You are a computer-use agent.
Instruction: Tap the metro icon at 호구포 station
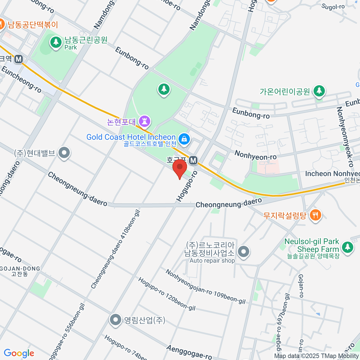[x=193, y=160]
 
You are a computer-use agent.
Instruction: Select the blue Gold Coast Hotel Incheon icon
[x=184, y=139]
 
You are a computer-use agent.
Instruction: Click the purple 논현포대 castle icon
[x=146, y=121]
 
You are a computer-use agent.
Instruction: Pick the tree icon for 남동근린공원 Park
[x=55, y=42]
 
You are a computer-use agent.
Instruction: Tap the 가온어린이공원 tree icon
[x=319, y=91]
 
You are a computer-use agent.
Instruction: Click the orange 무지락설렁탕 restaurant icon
[x=315, y=215]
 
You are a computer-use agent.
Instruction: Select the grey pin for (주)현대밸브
[x=64, y=153]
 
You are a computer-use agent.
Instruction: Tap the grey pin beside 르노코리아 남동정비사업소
[x=244, y=251]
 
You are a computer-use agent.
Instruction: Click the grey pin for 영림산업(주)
[x=115, y=320]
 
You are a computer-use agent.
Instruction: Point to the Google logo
[x=19, y=353]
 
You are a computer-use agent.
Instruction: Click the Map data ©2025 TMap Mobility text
[x=316, y=356]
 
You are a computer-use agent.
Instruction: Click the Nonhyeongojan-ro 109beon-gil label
[x=205, y=287]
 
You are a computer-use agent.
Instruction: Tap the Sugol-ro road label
[x=333, y=7]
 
